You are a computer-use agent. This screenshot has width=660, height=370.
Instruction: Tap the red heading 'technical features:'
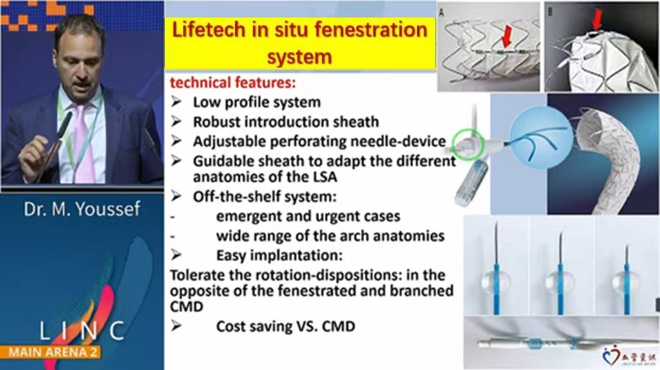pyautogui.click(x=233, y=83)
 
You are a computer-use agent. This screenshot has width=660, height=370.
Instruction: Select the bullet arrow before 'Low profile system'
pyautogui.click(x=177, y=101)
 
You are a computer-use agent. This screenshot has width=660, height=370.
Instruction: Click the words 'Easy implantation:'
pyautogui.click(x=280, y=255)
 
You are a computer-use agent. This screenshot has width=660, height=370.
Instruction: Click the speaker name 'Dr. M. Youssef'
pyautogui.click(x=82, y=209)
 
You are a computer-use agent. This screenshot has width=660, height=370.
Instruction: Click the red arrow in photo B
pyautogui.click(x=597, y=19)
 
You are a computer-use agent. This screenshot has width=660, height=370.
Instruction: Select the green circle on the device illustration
pyautogui.click(x=468, y=145)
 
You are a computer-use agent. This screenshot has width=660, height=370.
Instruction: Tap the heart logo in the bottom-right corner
pyautogui.click(x=611, y=356)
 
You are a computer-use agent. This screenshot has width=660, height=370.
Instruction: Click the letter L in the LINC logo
pyautogui.click(x=46, y=331)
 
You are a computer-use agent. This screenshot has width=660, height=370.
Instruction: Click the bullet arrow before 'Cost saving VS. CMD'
pyautogui.click(x=177, y=326)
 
